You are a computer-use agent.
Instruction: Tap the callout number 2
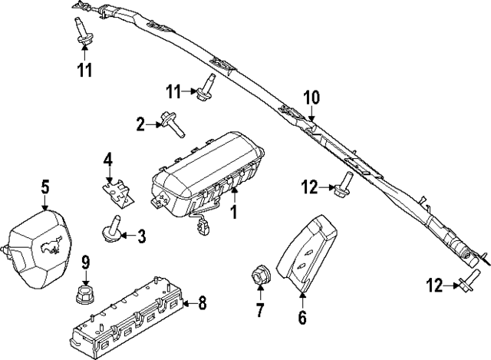141,123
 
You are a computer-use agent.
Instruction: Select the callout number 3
140,236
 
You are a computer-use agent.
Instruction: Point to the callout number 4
108,160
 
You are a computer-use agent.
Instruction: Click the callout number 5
45,187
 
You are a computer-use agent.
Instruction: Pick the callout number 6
302,316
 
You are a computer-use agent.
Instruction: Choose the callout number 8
202,302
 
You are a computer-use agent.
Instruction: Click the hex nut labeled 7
259,277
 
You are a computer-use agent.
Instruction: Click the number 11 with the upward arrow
84,71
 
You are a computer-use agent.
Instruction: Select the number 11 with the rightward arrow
174,92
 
